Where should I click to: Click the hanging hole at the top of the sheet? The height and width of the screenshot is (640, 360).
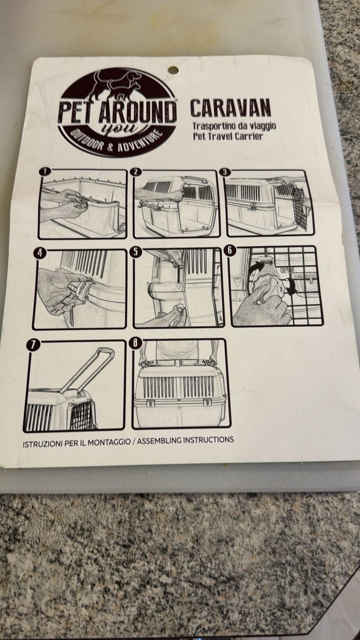point(173,70)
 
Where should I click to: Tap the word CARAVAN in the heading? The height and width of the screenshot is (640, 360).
point(230,108)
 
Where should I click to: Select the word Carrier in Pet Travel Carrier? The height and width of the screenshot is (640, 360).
point(248,136)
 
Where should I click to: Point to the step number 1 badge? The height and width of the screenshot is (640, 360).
point(45,171)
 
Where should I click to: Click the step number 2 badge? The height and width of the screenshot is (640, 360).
point(135,171)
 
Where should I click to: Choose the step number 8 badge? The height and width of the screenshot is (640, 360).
point(135,343)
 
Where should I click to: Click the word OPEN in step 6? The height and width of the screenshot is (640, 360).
point(287,270)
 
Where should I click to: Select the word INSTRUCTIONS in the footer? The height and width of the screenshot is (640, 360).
point(208,440)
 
